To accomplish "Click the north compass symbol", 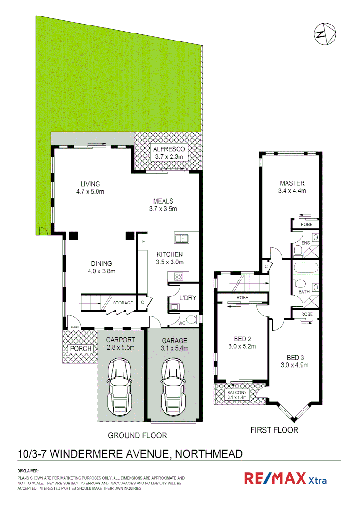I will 325,34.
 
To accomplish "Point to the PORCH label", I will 80,349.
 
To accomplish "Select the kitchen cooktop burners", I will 179,276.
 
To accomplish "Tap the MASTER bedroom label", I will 292,183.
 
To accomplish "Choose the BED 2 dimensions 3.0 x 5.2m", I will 245,346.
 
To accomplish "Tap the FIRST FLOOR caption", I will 274,430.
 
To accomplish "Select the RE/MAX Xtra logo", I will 285,478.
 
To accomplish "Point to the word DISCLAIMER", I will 28,471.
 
